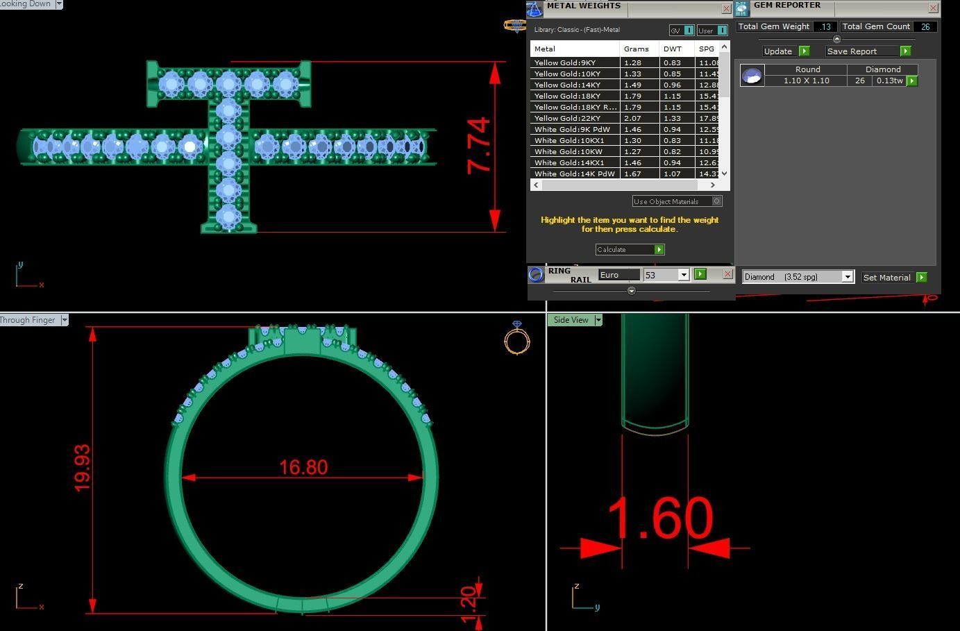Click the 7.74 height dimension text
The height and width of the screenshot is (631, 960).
click(x=480, y=146)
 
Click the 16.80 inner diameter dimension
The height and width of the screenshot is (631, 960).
click(x=303, y=467)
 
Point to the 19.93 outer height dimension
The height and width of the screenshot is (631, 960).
click(x=82, y=469)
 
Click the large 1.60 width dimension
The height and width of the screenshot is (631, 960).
click(x=659, y=519)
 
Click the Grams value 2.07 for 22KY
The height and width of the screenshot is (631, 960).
click(x=632, y=118)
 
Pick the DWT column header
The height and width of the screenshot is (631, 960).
click(x=673, y=49)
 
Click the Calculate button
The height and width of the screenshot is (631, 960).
click(x=630, y=249)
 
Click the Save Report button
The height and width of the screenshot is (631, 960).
click(x=868, y=51)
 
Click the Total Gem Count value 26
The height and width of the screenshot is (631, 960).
click(x=925, y=26)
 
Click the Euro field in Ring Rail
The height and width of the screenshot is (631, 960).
click(x=618, y=275)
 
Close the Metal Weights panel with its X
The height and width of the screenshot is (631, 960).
click(x=726, y=8)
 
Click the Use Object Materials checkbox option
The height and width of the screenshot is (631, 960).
click(x=717, y=201)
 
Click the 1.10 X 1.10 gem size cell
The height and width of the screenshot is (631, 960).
click(x=806, y=81)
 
